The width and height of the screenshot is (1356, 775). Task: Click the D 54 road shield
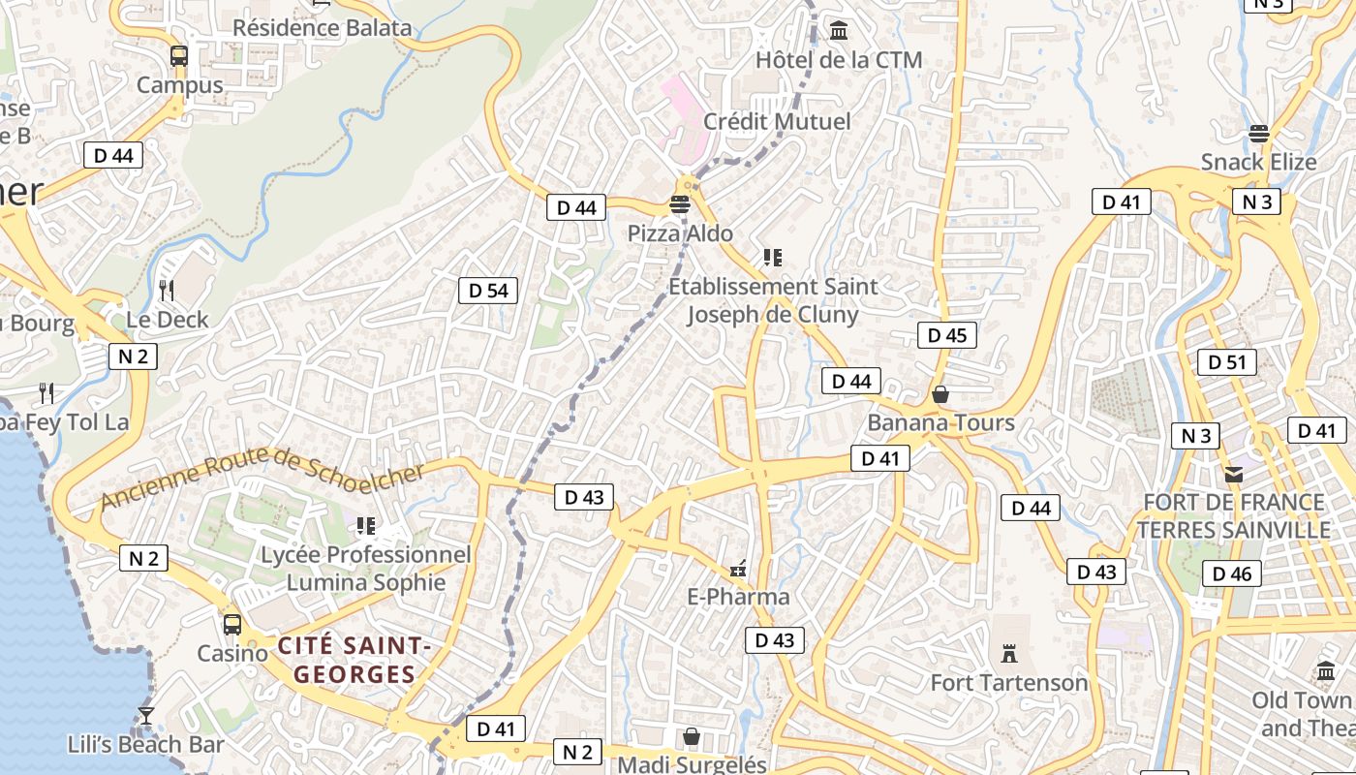click(x=488, y=291)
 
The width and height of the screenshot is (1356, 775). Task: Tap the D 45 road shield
click(x=946, y=335)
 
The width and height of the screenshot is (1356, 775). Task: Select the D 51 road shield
click(x=1226, y=362)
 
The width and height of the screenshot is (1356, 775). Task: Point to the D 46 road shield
click(x=1232, y=573)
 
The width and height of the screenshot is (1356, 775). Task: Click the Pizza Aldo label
click(x=680, y=233)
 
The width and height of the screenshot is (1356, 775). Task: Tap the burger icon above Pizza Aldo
click(x=680, y=204)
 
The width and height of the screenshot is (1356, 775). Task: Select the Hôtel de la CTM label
click(x=839, y=60)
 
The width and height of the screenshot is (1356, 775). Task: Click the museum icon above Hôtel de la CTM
click(x=839, y=31)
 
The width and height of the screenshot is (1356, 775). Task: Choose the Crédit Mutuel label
click(x=777, y=121)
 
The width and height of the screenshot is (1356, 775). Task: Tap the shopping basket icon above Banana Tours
click(x=940, y=394)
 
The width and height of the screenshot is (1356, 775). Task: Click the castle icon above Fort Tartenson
click(x=1009, y=654)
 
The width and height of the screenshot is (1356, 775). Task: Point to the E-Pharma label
click(x=738, y=597)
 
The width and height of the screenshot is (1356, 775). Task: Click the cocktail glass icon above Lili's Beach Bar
click(x=146, y=716)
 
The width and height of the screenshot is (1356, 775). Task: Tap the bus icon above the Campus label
click(x=179, y=56)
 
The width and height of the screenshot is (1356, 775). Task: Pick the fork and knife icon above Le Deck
click(x=167, y=290)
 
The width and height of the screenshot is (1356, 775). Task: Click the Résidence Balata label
click(x=322, y=27)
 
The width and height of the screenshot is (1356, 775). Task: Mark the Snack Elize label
click(x=1258, y=162)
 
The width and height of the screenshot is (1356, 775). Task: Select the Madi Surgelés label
click(x=692, y=764)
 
